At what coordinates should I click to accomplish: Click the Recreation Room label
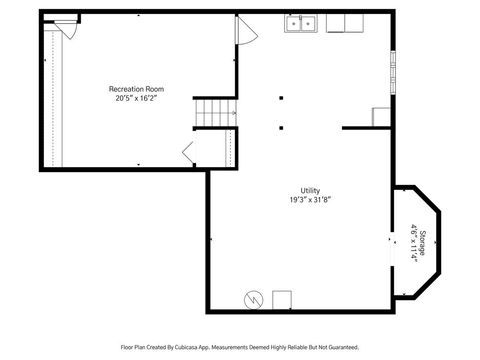tap(136, 89)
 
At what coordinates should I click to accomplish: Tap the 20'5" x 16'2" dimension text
tap(136, 98)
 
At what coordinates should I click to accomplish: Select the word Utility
tap(310, 191)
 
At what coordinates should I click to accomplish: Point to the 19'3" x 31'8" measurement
tap(310, 200)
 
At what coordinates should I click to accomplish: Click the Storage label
tap(422, 241)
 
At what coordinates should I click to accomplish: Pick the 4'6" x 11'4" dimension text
tap(414, 241)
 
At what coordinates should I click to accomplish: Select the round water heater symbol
tap(254, 299)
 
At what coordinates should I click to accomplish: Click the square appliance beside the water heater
tap(281, 299)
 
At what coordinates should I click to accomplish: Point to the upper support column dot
tap(281, 98)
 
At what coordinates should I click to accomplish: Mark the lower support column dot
tap(281, 127)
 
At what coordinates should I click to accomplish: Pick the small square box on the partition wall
tap(380, 117)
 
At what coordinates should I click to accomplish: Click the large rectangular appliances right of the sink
tap(344, 23)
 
